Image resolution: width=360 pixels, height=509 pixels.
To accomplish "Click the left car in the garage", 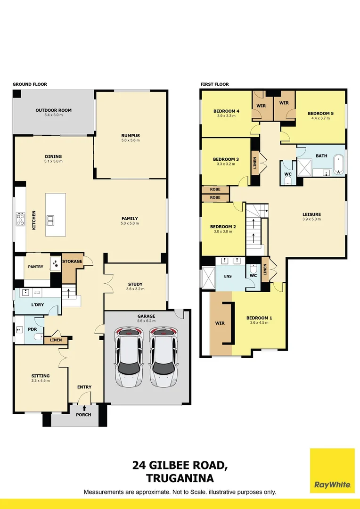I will [x=129, y=357].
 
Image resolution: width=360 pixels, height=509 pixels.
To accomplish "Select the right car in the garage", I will [x=162, y=357].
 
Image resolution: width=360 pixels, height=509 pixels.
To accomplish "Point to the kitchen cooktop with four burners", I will [x=20, y=219].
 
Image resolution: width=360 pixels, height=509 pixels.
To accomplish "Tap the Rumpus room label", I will [x=130, y=136].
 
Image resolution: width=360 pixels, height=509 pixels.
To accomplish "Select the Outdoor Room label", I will [x=53, y=110].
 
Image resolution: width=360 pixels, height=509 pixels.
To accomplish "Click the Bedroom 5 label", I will [x=320, y=114].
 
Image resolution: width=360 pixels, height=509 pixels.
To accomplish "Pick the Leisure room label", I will [x=311, y=214].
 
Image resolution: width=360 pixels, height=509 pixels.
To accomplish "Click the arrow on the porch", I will [x=84, y=408].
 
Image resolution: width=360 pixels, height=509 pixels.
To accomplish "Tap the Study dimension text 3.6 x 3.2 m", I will [x=135, y=289].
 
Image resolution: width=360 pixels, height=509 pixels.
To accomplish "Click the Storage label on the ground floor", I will [x=73, y=261].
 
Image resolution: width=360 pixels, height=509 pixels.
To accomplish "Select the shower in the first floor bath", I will [x=304, y=168].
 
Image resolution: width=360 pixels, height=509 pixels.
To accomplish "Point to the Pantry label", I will [x=35, y=267].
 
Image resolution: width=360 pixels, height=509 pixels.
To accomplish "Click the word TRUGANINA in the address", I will [x=180, y=478].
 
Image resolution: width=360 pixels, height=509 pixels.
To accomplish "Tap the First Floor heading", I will [x=214, y=84].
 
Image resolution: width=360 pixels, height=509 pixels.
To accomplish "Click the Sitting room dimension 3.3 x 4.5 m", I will [x=40, y=380].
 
